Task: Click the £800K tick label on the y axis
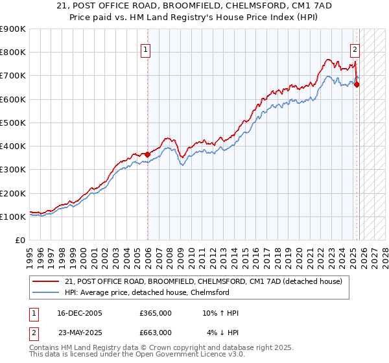click(x=12, y=53)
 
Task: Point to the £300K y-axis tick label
click(x=12, y=170)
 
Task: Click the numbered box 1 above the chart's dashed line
click(x=145, y=49)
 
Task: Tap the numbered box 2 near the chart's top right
click(x=355, y=49)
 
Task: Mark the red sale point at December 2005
click(x=148, y=154)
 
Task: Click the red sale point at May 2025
click(x=357, y=84)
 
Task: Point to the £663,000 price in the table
click(x=156, y=333)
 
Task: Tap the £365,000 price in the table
click(x=156, y=313)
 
